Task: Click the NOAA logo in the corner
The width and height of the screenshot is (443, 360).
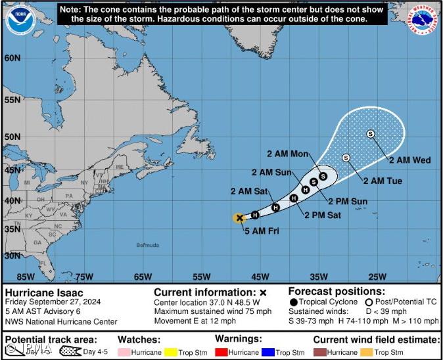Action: [19, 19]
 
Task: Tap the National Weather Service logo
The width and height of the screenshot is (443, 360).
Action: [424, 19]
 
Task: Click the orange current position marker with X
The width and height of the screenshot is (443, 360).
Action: [239, 217]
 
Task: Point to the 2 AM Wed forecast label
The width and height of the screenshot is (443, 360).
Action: [409, 160]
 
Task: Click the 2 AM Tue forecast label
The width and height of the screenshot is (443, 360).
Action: [382, 181]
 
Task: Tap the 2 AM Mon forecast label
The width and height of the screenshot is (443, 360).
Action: [287, 154]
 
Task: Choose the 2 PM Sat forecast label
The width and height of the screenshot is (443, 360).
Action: [322, 215]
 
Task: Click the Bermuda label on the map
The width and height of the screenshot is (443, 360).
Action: [148, 245]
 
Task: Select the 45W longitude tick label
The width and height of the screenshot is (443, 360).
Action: [260, 276]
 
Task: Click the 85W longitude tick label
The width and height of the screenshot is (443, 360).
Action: [26, 276]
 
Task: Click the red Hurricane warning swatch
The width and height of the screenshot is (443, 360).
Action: [221, 352]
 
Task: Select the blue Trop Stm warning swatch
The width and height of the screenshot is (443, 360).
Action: [268, 352]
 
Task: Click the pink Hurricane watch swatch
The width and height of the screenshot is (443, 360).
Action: [125, 352]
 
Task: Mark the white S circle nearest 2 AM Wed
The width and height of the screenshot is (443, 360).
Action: [371, 134]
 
